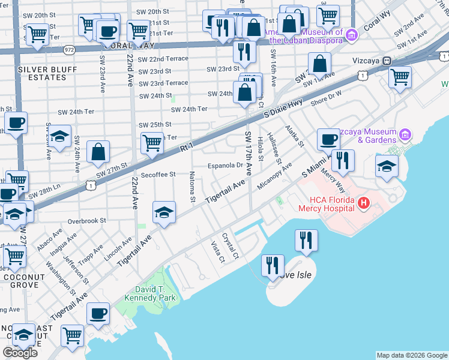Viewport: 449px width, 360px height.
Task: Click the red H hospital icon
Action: point(363,204)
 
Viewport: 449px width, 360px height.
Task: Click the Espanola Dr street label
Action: point(225,166)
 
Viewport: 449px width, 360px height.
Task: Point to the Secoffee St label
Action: point(158,175)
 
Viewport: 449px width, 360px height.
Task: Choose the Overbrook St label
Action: point(87,221)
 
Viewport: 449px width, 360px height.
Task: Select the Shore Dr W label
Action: point(326,98)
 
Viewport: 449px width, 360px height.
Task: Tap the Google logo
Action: point(20,353)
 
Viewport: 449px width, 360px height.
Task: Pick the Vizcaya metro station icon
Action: point(387,61)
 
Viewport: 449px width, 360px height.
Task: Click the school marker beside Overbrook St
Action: point(163,212)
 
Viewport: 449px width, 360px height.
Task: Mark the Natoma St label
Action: point(193,187)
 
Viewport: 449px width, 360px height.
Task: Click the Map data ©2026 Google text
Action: point(412,355)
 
